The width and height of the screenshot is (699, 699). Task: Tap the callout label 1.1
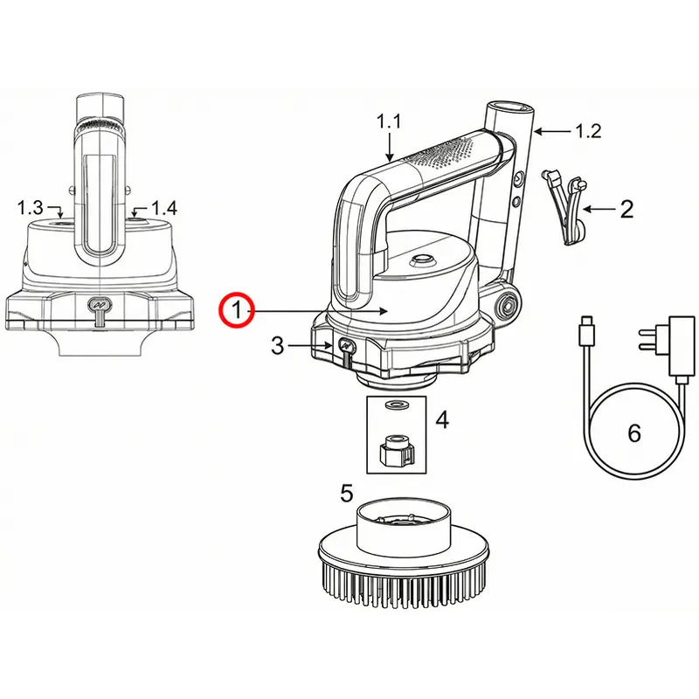coord(389,121)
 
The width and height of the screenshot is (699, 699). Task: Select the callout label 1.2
coord(588,131)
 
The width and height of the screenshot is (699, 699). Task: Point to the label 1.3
coord(30,207)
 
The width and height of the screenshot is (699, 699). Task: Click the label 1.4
coord(164,208)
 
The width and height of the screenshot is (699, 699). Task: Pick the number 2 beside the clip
coord(626,209)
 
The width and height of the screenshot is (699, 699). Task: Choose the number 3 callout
coord(277,345)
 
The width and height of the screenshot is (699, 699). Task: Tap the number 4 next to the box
coord(442,419)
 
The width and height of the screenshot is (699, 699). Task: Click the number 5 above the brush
coord(346,493)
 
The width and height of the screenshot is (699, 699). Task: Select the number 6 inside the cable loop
coord(634,433)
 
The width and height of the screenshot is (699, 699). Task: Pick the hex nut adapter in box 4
coord(396,450)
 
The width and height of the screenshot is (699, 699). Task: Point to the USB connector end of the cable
coord(585,330)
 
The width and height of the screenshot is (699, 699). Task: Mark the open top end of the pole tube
coord(509,107)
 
